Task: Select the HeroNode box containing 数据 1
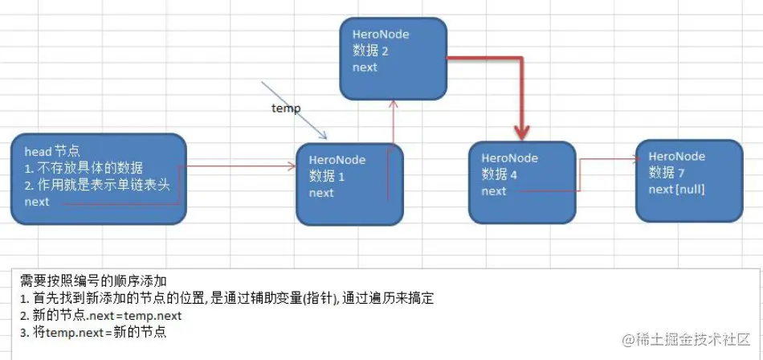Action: click(x=349, y=185)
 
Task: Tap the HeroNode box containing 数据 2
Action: click(x=393, y=59)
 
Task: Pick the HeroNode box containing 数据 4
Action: click(x=522, y=182)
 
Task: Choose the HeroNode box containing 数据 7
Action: click(x=689, y=180)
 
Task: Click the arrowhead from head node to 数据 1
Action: click(x=291, y=167)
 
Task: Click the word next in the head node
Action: click(x=37, y=202)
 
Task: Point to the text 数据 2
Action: click(x=371, y=51)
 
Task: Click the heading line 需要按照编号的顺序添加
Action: click(x=93, y=280)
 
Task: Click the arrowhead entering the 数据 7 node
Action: click(x=632, y=159)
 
